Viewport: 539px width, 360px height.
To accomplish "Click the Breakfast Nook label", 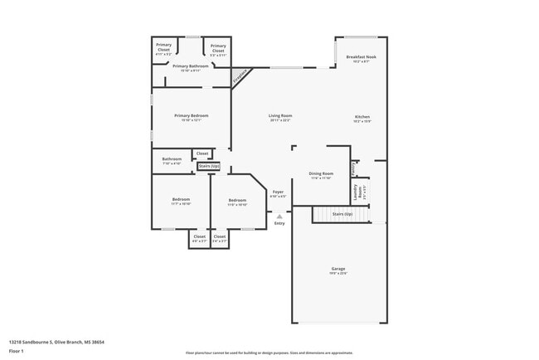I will [x=361, y=58].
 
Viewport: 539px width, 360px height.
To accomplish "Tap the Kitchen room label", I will [x=362, y=117].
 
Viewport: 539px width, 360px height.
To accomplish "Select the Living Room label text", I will [x=279, y=117].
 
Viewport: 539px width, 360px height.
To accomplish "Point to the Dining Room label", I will [x=321, y=175].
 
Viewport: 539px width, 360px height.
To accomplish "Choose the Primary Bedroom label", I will [x=191, y=117].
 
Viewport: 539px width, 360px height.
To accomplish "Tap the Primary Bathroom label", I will [x=191, y=66].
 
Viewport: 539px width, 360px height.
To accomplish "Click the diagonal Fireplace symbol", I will [x=240, y=76].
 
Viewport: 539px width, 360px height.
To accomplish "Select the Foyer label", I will [x=279, y=193].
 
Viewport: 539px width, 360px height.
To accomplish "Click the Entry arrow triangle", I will [x=279, y=216].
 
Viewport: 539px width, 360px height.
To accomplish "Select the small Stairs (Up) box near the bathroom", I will [x=209, y=166].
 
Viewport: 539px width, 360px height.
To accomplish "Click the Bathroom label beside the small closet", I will [x=172, y=160].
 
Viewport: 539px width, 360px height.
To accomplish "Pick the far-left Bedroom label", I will [x=181, y=201].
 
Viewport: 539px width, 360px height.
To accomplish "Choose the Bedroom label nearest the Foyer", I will [x=237, y=201].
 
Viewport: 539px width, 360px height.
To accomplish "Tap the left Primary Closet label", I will [x=163, y=49].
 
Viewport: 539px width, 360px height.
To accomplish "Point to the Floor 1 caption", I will [x=15, y=351].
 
